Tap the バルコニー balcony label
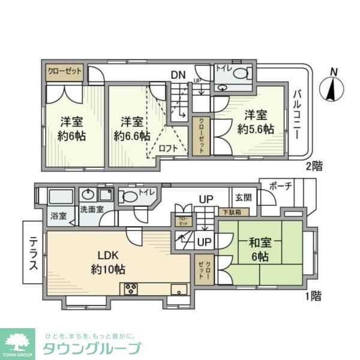point(297,115)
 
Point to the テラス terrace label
point(33,252)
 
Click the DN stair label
point(178,74)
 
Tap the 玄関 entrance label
point(243,197)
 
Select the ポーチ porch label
point(281,186)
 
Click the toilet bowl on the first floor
point(130,197)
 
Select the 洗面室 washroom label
point(92,209)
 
